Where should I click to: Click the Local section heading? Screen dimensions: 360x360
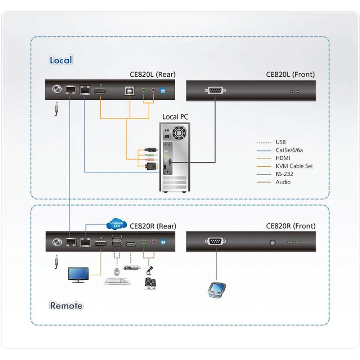pyautogui.click(x=61, y=60)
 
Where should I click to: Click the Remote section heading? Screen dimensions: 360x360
pyautogui.click(x=66, y=306)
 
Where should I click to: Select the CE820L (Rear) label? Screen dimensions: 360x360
pyautogui.click(x=153, y=75)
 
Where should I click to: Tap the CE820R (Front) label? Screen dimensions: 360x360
pyautogui.click(x=291, y=226)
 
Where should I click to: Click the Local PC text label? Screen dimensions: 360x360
pyautogui.click(x=175, y=117)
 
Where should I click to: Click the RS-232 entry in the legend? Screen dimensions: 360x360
pyautogui.click(x=284, y=174)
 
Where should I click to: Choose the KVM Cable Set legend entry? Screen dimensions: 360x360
pyautogui.click(x=294, y=166)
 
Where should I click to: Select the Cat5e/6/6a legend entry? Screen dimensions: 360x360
pyautogui.click(x=289, y=150)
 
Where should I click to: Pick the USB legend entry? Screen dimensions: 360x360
pyautogui.click(x=280, y=142)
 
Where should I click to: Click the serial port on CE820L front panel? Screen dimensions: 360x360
pyautogui.click(x=215, y=91)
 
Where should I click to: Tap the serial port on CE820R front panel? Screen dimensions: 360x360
pyautogui.click(x=215, y=242)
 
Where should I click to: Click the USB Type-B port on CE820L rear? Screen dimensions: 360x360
pyautogui.click(x=129, y=91)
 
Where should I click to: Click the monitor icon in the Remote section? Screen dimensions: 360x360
pyautogui.click(x=78, y=275)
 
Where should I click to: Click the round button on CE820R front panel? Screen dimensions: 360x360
pyautogui.click(x=273, y=242)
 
